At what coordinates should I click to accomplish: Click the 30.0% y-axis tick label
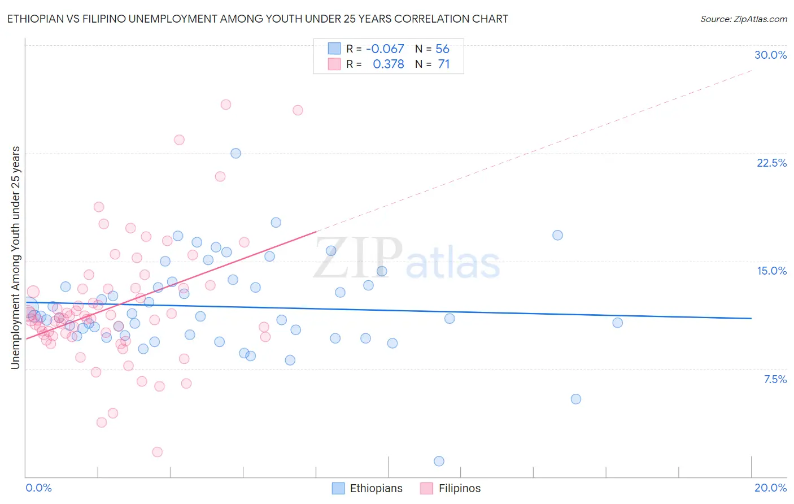click(770, 55)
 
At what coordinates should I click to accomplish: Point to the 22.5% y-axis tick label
click(771, 163)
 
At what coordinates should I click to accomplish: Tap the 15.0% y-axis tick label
click(771, 271)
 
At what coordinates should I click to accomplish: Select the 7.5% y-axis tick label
click(775, 379)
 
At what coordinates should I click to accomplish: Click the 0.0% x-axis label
click(38, 488)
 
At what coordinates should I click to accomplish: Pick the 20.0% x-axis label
click(770, 488)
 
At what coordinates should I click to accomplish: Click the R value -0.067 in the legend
click(385, 49)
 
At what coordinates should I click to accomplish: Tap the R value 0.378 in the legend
click(389, 64)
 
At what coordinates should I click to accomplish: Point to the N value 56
click(442, 49)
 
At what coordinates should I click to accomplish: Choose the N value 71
click(444, 64)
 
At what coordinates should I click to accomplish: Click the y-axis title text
click(15, 258)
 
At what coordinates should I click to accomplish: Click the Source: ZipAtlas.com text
click(743, 19)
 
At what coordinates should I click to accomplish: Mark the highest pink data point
click(225, 105)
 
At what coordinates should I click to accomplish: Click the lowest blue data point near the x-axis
click(439, 461)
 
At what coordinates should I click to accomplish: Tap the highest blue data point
click(235, 154)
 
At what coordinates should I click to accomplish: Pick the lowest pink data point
click(158, 452)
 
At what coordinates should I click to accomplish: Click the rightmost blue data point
click(617, 323)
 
